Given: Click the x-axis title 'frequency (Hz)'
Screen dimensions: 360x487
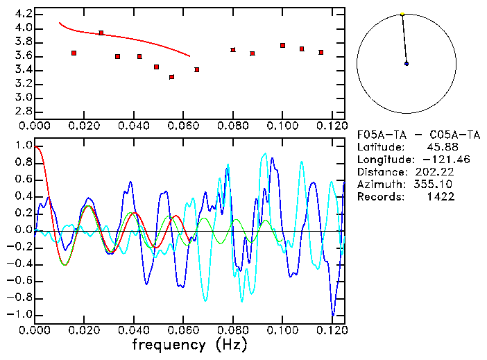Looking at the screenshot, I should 189,345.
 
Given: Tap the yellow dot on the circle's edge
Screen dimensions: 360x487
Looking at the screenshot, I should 402,14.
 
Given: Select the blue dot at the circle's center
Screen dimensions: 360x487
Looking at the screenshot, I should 407,63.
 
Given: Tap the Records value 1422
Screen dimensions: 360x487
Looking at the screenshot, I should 441,196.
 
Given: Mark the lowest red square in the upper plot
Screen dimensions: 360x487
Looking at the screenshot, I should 172,77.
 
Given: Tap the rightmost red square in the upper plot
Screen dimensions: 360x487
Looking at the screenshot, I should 321,52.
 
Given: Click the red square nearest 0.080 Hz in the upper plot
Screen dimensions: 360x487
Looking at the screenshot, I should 232,50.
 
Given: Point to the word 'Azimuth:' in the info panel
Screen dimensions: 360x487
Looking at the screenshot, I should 379,184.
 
